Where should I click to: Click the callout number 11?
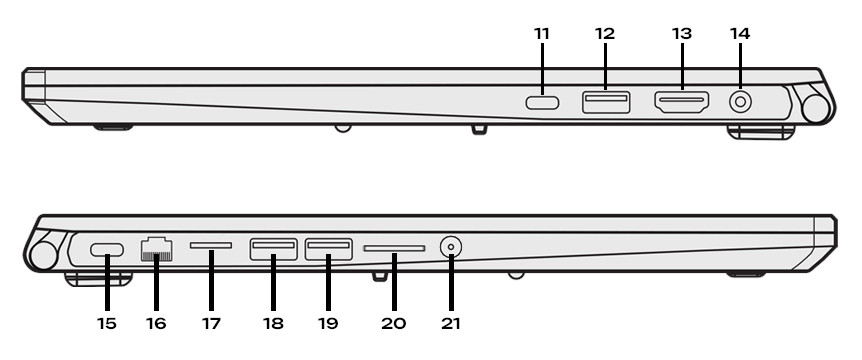pyautogui.click(x=541, y=34)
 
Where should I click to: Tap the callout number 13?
pyautogui.click(x=682, y=34)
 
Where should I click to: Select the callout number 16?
pyautogui.click(x=156, y=323)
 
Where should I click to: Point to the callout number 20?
pyautogui.click(x=394, y=323)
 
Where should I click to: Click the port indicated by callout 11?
pyautogui.click(x=542, y=103)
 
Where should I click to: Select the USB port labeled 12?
pyautogui.click(x=606, y=102)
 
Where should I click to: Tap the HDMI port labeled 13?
pyautogui.click(x=682, y=103)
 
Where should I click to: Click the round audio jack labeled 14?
pyautogui.click(x=740, y=102)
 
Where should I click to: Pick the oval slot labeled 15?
pyautogui.click(x=107, y=250)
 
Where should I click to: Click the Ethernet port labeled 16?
pyautogui.click(x=157, y=249)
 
